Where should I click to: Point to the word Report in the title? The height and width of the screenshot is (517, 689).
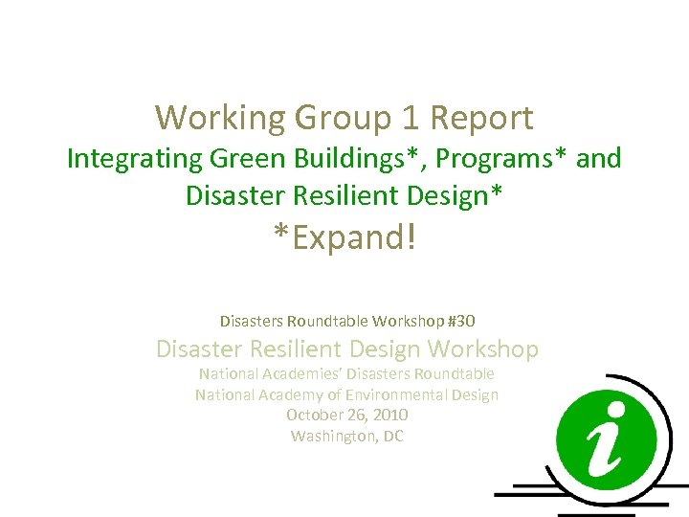point(482,119)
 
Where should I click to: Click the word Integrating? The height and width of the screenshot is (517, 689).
point(131,159)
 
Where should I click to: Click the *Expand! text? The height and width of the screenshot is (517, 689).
point(344,236)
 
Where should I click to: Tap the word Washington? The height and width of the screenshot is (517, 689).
point(331,436)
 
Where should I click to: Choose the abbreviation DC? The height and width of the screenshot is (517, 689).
point(392,436)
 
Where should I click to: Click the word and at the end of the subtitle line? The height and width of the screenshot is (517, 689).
point(599,159)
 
